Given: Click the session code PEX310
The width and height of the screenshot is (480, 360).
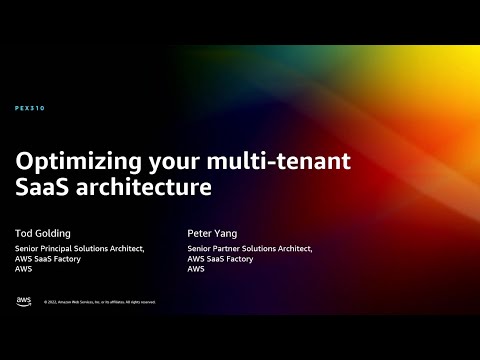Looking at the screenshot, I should [30, 108].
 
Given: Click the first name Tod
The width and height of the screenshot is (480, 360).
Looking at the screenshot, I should [23, 232].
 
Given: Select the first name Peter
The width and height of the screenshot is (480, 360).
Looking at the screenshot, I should [200, 232].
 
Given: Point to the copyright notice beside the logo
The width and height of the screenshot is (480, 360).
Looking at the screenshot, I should [99, 302].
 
